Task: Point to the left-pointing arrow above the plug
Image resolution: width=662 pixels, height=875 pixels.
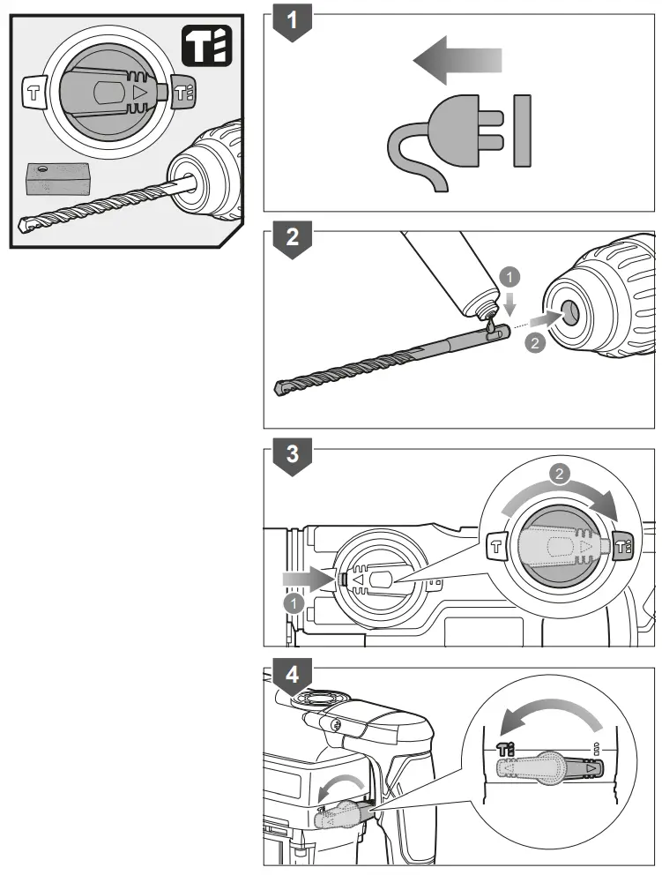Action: coord(456,62)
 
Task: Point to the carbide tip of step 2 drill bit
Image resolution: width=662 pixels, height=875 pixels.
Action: coord(281,388)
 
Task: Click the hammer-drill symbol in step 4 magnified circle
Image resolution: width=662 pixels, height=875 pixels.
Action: coord(506,747)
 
